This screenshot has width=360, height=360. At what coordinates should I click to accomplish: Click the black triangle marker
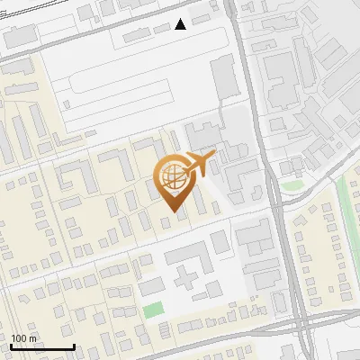point(181,24)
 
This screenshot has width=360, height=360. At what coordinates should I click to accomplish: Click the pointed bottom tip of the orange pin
point(172,211)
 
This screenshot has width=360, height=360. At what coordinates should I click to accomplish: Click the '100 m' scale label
point(24,338)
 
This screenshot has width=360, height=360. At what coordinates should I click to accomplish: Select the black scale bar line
point(42,346)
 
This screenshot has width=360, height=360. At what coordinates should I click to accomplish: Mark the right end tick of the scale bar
point(74,345)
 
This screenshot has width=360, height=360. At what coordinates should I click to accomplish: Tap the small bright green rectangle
point(154,310)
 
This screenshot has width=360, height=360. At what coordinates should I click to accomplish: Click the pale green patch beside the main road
point(290,186)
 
